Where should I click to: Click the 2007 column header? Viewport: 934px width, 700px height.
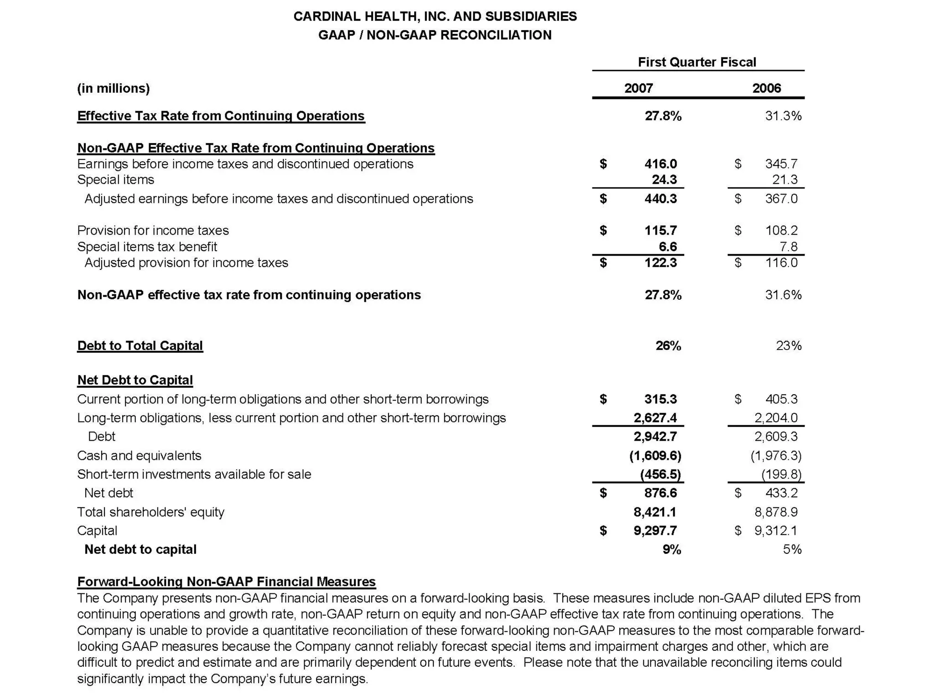click(x=638, y=88)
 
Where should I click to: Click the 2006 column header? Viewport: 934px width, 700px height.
click(x=766, y=88)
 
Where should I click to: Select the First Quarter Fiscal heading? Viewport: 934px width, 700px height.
click(x=696, y=62)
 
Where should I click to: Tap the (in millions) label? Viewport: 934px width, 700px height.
click(x=113, y=88)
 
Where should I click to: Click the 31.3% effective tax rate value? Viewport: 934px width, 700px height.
click(x=783, y=116)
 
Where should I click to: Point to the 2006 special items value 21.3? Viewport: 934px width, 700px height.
click(x=784, y=180)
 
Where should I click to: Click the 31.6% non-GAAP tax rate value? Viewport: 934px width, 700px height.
click(x=783, y=295)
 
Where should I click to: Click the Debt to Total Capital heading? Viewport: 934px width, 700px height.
click(x=140, y=345)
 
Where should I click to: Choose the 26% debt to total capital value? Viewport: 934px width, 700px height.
click(x=668, y=345)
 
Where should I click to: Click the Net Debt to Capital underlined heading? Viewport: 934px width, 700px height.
click(x=135, y=380)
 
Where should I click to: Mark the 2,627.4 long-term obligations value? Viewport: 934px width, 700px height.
click(x=655, y=417)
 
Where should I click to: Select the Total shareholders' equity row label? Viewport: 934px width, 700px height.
click(x=150, y=512)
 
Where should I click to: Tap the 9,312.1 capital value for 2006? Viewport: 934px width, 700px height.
click(x=775, y=530)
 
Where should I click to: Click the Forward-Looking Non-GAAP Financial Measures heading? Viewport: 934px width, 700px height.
click(x=226, y=582)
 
